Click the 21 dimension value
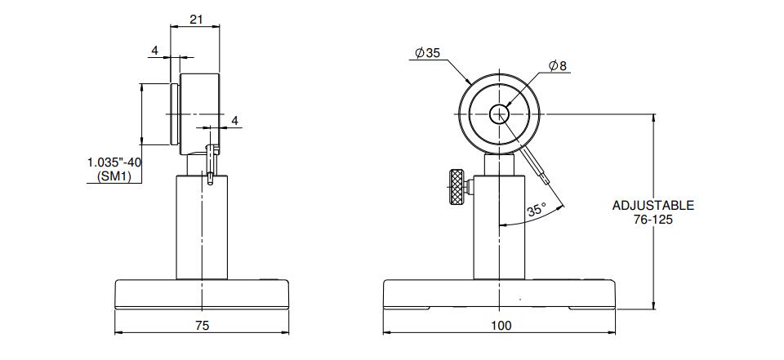197,19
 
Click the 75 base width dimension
202,326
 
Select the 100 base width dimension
501,326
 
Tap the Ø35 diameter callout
427,53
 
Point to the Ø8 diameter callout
558,65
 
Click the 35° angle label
535,209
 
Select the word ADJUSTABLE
653,206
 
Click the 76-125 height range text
653,220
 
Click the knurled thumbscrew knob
456,188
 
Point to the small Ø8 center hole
499,114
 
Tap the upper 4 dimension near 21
155,51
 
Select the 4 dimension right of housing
235,121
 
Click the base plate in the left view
202,295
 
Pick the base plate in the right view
499,295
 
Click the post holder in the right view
499,227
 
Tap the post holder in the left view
202,227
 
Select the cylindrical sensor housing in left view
199,114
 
